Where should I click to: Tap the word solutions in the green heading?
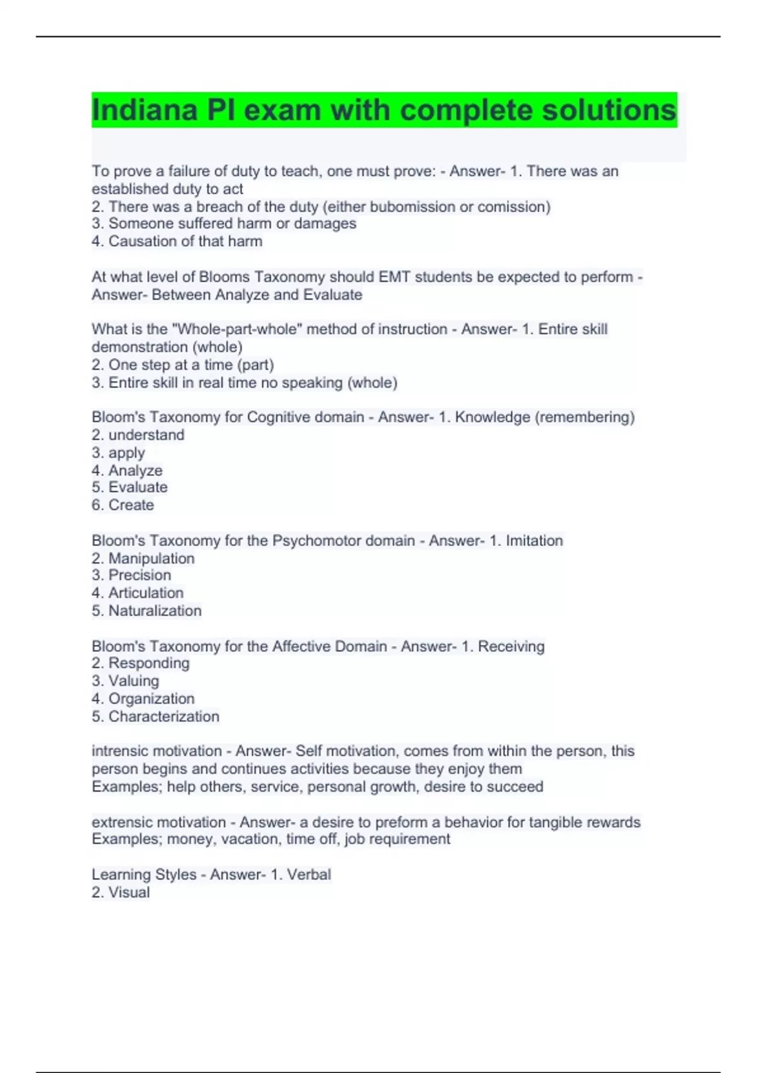click(x=609, y=110)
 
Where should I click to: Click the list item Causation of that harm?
click(x=177, y=242)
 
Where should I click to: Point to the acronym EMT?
click(x=394, y=277)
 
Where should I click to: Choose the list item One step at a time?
click(x=183, y=365)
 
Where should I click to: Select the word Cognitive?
click(x=274, y=417)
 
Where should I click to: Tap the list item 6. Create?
click(x=123, y=505)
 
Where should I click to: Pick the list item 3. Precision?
click(x=131, y=575)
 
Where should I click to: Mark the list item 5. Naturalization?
click(x=147, y=611)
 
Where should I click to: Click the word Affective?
click(x=298, y=646)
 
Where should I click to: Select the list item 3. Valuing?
click(x=126, y=681)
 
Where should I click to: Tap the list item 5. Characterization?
click(x=156, y=716)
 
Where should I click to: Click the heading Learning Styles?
click(x=144, y=875)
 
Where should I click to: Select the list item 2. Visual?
click(x=121, y=892)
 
